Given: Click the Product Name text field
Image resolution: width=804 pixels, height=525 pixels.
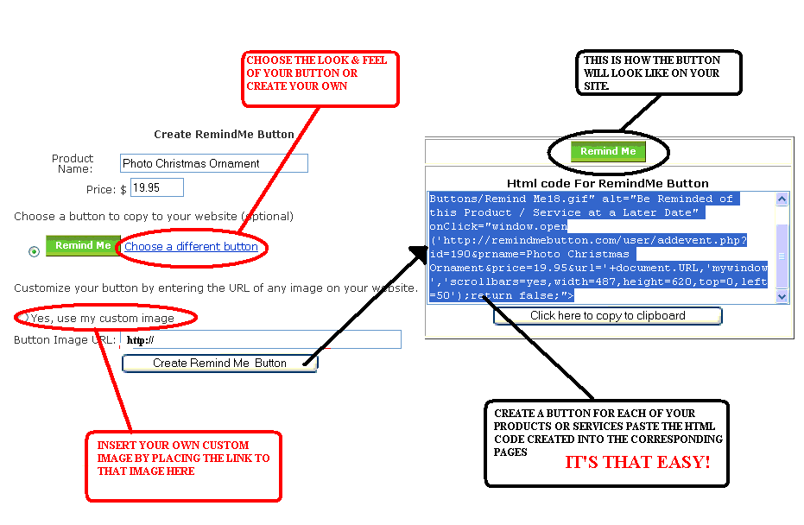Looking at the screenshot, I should pos(213,163).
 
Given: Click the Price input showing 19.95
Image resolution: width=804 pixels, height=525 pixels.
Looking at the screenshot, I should pos(156,187).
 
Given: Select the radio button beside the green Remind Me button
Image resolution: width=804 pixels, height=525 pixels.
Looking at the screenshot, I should pos(34,251).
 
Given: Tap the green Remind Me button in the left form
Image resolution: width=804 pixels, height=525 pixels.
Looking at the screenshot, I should pos(83,246).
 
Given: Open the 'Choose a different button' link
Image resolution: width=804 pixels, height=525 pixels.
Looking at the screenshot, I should pos(191,247).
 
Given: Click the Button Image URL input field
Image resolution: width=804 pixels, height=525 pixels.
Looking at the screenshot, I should pos(260,339).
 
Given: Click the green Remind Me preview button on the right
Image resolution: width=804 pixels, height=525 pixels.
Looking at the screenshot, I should pos(608,152).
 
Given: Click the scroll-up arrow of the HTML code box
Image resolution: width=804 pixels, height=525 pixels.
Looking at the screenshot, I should pos(782,199).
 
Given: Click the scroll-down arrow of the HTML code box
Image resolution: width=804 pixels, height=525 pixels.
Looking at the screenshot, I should pos(782,296).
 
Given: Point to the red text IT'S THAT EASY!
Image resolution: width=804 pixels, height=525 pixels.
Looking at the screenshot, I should pos(637,463).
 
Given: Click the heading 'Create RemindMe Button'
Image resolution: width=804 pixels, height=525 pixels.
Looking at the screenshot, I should pos(224,135).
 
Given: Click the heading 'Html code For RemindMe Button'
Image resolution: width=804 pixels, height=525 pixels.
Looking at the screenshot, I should pos(607,184).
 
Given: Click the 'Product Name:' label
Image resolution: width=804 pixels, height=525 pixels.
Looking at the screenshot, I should pos(73,163).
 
